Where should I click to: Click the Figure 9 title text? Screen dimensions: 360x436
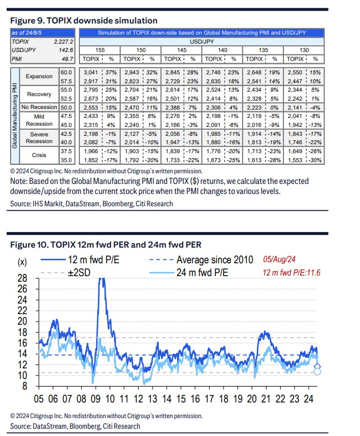click(84, 21)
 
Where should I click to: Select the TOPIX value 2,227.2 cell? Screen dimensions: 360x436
click(64, 42)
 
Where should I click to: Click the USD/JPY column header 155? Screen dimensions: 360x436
click(100, 50)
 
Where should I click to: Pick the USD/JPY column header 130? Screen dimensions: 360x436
click(304, 50)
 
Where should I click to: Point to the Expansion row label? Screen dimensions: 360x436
click(39, 77)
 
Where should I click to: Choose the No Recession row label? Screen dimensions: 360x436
click(39, 107)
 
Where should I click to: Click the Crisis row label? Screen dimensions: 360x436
click(39, 155)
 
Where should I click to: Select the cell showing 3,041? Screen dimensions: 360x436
click(91, 73)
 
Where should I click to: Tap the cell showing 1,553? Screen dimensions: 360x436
click(295, 160)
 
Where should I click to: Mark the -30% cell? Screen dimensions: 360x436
click(315, 160)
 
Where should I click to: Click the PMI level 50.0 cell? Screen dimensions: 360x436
click(66, 107)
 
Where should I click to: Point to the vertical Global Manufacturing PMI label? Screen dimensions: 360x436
click(15, 116)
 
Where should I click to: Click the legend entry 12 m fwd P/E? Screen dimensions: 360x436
click(80, 260)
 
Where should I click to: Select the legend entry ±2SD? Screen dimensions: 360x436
click(65, 273)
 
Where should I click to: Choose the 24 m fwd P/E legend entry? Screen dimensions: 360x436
click(189, 273)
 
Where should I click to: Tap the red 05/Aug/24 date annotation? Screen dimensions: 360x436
click(279, 259)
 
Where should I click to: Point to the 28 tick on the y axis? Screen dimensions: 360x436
click(22, 278)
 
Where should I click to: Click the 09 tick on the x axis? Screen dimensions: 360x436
click(96, 399)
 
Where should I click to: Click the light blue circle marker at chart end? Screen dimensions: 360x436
click(317, 372)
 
